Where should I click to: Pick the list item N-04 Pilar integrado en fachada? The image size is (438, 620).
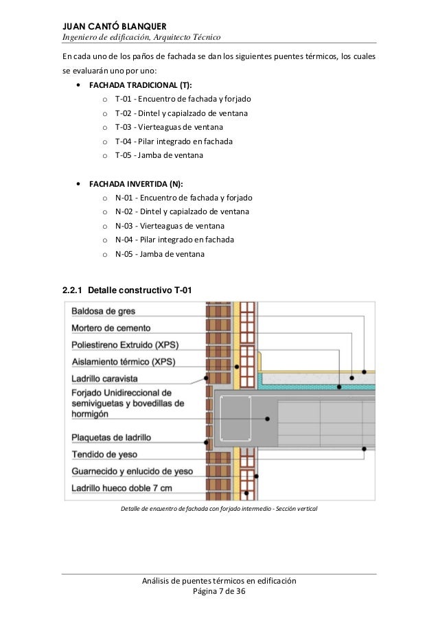coord(174,240)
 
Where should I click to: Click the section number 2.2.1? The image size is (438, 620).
coord(73,291)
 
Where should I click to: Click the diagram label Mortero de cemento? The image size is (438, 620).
coord(111,328)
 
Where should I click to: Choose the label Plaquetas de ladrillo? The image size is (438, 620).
coord(111,437)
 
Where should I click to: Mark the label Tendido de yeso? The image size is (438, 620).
coord(104,454)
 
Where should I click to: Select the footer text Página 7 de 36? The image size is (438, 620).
coord(218,593)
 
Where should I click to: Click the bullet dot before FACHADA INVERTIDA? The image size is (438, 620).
coord(82,184)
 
